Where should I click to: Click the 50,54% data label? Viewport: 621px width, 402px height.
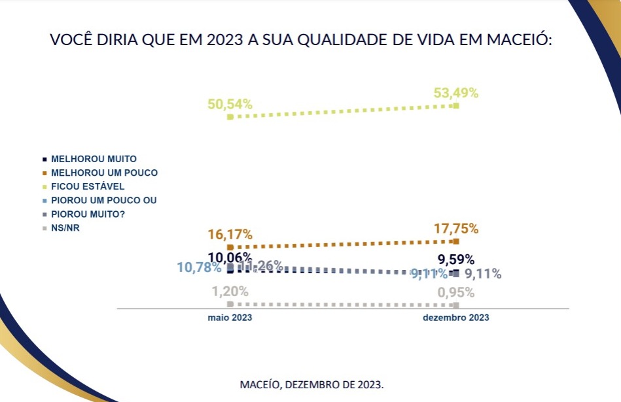click(230, 103)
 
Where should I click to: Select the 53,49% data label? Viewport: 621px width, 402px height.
click(456, 93)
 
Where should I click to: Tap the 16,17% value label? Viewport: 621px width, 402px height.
click(230, 234)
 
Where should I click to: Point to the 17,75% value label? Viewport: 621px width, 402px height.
click(456, 229)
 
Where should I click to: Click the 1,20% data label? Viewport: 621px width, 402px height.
click(230, 292)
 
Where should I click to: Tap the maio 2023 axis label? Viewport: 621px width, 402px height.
click(230, 318)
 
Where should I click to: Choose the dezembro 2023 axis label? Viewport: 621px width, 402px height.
click(456, 318)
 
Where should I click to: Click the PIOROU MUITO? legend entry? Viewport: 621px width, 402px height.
click(90, 214)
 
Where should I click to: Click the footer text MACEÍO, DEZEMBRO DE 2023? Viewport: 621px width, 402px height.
click(312, 384)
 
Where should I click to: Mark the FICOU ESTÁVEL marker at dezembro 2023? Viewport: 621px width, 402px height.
click(456, 105)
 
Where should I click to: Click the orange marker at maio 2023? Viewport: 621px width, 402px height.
click(230, 248)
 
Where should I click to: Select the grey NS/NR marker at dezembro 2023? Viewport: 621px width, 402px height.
click(455, 305)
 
